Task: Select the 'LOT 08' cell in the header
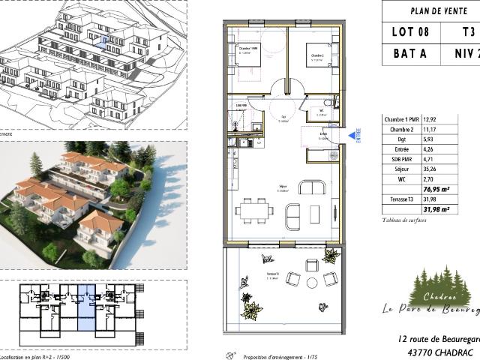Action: click(411, 31)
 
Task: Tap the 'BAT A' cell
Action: click(411, 55)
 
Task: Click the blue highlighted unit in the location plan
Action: click(86, 307)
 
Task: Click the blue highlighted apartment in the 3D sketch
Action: click(106, 42)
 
